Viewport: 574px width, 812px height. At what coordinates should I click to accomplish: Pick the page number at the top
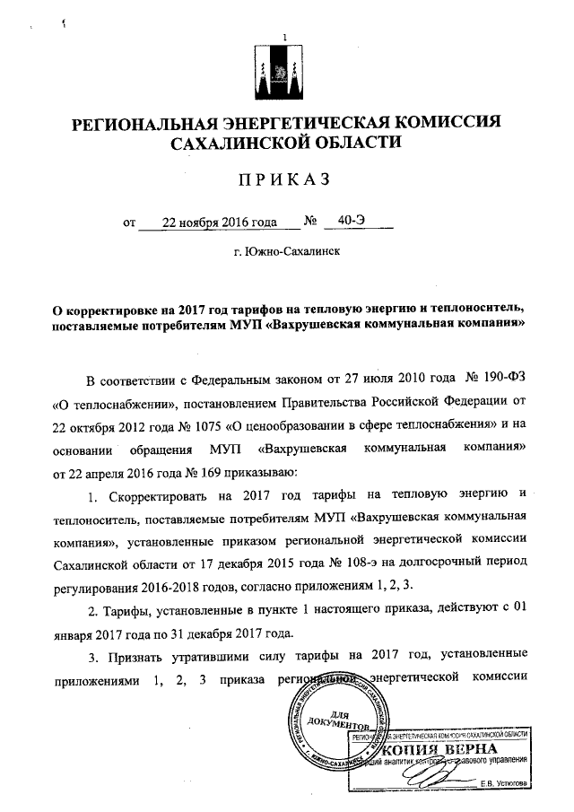(285, 37)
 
